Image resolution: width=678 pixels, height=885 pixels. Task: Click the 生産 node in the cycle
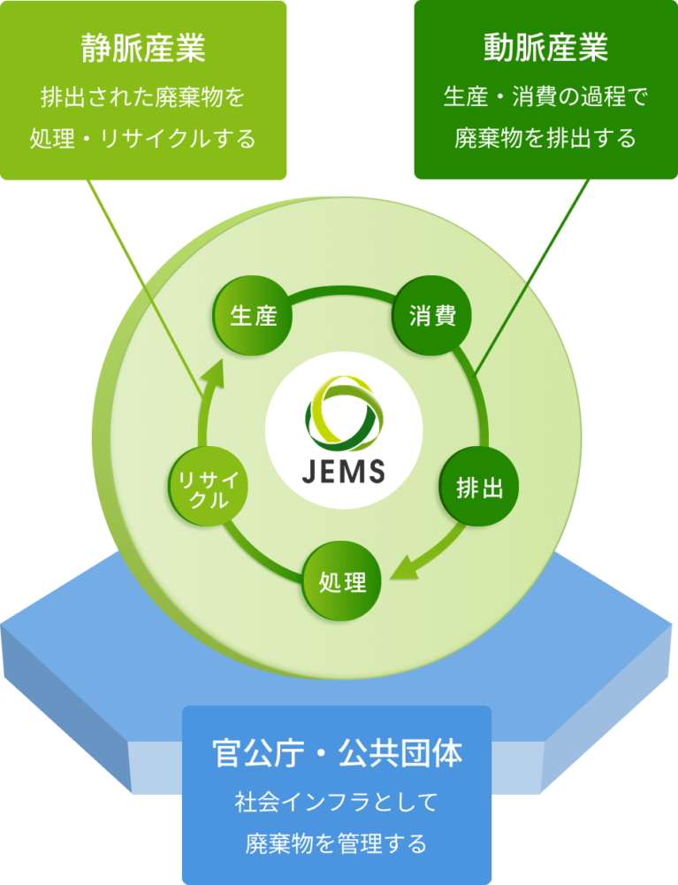[254, 317]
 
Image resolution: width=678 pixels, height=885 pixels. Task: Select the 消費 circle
[432, 317]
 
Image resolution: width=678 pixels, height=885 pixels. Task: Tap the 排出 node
[479, 488]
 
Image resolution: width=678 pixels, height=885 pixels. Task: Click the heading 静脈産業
[143, 48]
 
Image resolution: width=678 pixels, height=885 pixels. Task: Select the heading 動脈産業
[545, 48]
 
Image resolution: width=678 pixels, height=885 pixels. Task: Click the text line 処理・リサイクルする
[143, 139]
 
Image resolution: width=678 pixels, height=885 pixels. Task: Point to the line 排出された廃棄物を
[143, 96]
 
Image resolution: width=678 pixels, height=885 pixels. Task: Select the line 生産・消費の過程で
[545, 96]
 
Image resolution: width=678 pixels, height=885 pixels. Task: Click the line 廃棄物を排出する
[545, 139]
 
